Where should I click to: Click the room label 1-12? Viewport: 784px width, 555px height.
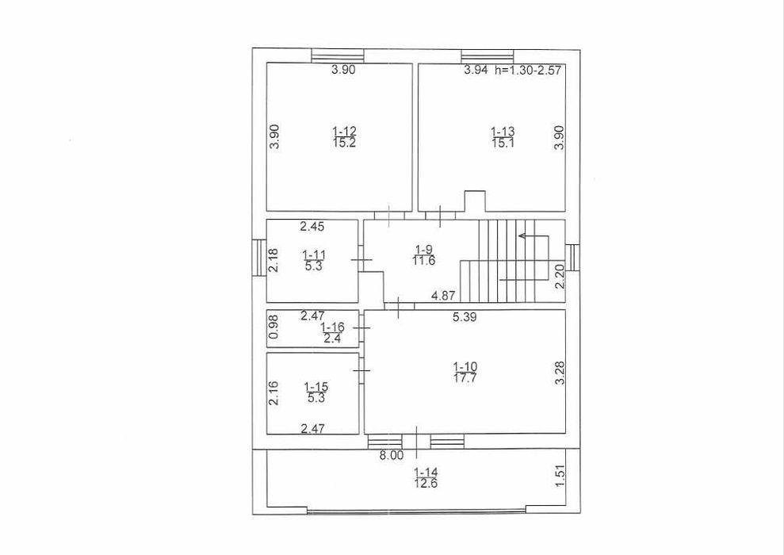[x=344, y=131]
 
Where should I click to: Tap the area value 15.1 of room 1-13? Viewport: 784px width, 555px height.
[x=503, y=143]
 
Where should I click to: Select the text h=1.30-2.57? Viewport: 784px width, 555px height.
[x=528, y=71]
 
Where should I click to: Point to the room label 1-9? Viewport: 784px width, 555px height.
[x=423, y=248]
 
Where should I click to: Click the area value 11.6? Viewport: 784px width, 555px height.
[x=423, y=260]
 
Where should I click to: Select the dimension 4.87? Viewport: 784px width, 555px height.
[x=444, y=297]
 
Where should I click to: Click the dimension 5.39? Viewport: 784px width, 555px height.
[x=466, y=317]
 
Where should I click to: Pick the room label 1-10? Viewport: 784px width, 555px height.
[x=465, y=366]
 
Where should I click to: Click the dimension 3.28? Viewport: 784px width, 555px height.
[x=560, y=373]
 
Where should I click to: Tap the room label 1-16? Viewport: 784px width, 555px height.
[x=332, y=327]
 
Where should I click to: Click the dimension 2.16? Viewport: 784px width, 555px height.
[x=273, y=394]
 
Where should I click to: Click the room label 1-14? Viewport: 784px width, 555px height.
[x=425, y=473]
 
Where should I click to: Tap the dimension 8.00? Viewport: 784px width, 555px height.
[x=392, y=456]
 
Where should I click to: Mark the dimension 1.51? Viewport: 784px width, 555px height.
[x=560, y=475]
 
